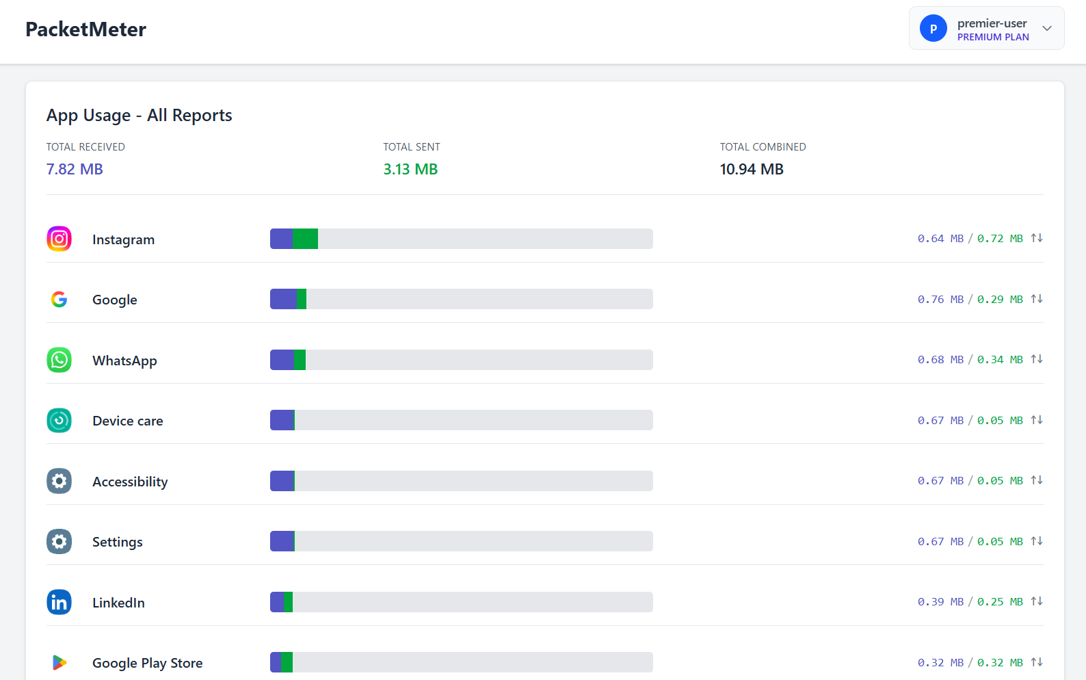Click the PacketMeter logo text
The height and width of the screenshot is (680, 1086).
(85, 29)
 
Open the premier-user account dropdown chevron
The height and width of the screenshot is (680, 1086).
(1047, 28)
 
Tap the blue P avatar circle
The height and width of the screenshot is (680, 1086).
(933, 28)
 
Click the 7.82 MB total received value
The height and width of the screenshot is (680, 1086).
(75, 169)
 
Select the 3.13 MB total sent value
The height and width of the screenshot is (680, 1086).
(410, 169)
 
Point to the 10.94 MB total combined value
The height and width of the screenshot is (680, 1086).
(752, 169)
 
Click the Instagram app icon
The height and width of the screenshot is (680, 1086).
(59, 239)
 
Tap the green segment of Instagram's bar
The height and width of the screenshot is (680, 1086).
(305, 239)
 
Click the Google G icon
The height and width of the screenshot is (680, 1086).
(59, 299)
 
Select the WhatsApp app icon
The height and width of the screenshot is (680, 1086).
(59, 360)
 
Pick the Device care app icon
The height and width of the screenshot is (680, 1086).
(59, 420)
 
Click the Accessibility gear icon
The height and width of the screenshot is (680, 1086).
(59, 481)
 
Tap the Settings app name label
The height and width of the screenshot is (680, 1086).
(118, 542)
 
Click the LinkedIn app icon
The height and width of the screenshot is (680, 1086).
(59, 602)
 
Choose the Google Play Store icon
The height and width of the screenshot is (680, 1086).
(59, 662)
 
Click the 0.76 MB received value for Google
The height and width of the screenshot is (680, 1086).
(940, 299)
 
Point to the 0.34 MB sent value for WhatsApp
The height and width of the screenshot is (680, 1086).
(1000, 359)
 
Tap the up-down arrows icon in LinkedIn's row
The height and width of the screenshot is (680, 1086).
(1037, 601)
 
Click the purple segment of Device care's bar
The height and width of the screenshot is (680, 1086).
(282, 420)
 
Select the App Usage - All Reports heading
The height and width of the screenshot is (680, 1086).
(139, 116)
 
